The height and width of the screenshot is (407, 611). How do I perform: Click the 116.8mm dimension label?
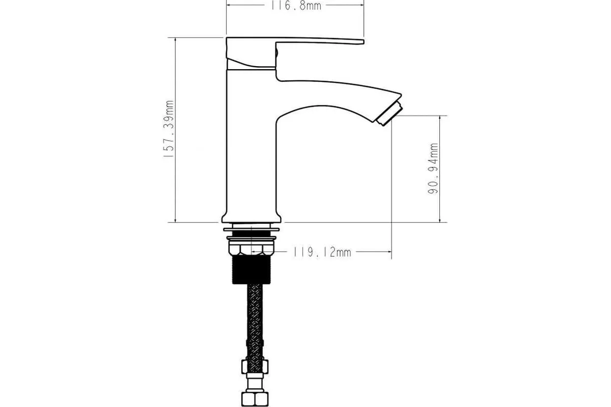click(296, 6)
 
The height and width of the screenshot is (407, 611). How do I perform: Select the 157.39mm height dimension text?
click(169, 129)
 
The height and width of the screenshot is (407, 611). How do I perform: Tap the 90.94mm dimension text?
click(433, 168)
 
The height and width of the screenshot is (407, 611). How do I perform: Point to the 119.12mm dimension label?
click(322, 252)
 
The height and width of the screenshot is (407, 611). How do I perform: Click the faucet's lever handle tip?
click(362, 42)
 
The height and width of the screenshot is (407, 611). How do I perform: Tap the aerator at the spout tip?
click(389, 114)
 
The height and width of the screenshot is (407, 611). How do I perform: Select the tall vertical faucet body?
click(251, 142)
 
